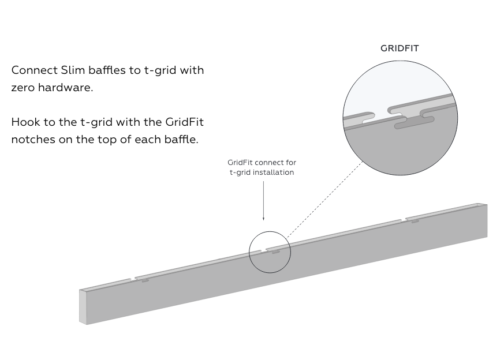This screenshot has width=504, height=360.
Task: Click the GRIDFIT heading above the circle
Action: pos(400,48)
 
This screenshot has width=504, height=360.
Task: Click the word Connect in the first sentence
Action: pos(34,70)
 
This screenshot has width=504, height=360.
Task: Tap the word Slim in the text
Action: pos(73,70)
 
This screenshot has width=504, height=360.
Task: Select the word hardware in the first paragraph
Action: pos(66,87)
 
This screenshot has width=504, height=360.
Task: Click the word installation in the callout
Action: pos(274,172)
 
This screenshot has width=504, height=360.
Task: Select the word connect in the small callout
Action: pos(264,163)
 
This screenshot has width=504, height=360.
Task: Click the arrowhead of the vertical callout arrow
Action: pos(264,219)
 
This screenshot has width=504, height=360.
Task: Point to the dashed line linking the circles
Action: pos(324,199)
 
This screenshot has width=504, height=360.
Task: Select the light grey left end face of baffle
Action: pos(83,307)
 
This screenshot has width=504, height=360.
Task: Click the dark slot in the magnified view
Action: pos(415,122)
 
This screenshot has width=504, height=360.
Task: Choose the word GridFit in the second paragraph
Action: pos(185,122)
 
